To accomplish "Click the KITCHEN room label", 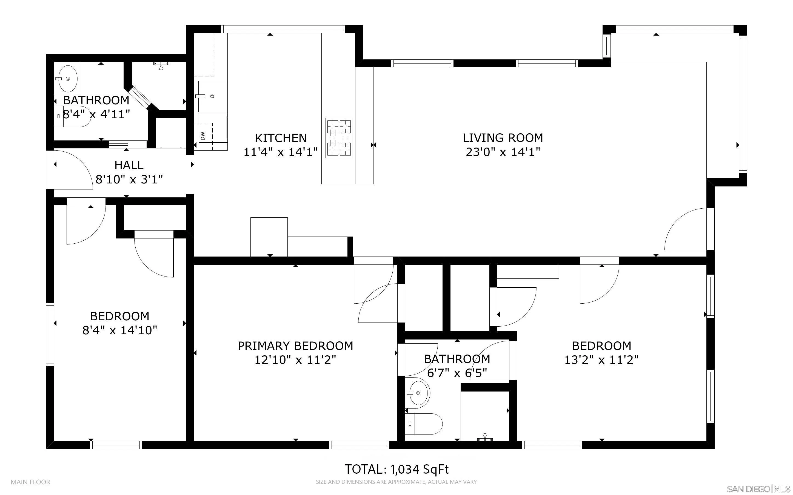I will tap(281, 138).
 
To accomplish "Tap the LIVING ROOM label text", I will tap(503, 137).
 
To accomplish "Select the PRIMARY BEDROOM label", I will tap(295, 346).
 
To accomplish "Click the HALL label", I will tap(129, 165).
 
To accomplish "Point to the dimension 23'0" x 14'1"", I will tap(503, 152).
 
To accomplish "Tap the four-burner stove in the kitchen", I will tap(339, 138).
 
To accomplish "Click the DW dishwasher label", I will tap(202, 136).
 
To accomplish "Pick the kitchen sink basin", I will tap(212, 96).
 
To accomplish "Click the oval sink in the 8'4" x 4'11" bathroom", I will tap(68, 79).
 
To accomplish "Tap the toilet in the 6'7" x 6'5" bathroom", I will tap(424, 424).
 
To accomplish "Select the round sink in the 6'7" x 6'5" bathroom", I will tap(419, 393).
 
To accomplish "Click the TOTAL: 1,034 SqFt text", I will tap(396, 470).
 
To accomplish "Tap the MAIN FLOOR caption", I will tap(30, 482).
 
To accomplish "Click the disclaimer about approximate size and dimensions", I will tap(396, 482).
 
